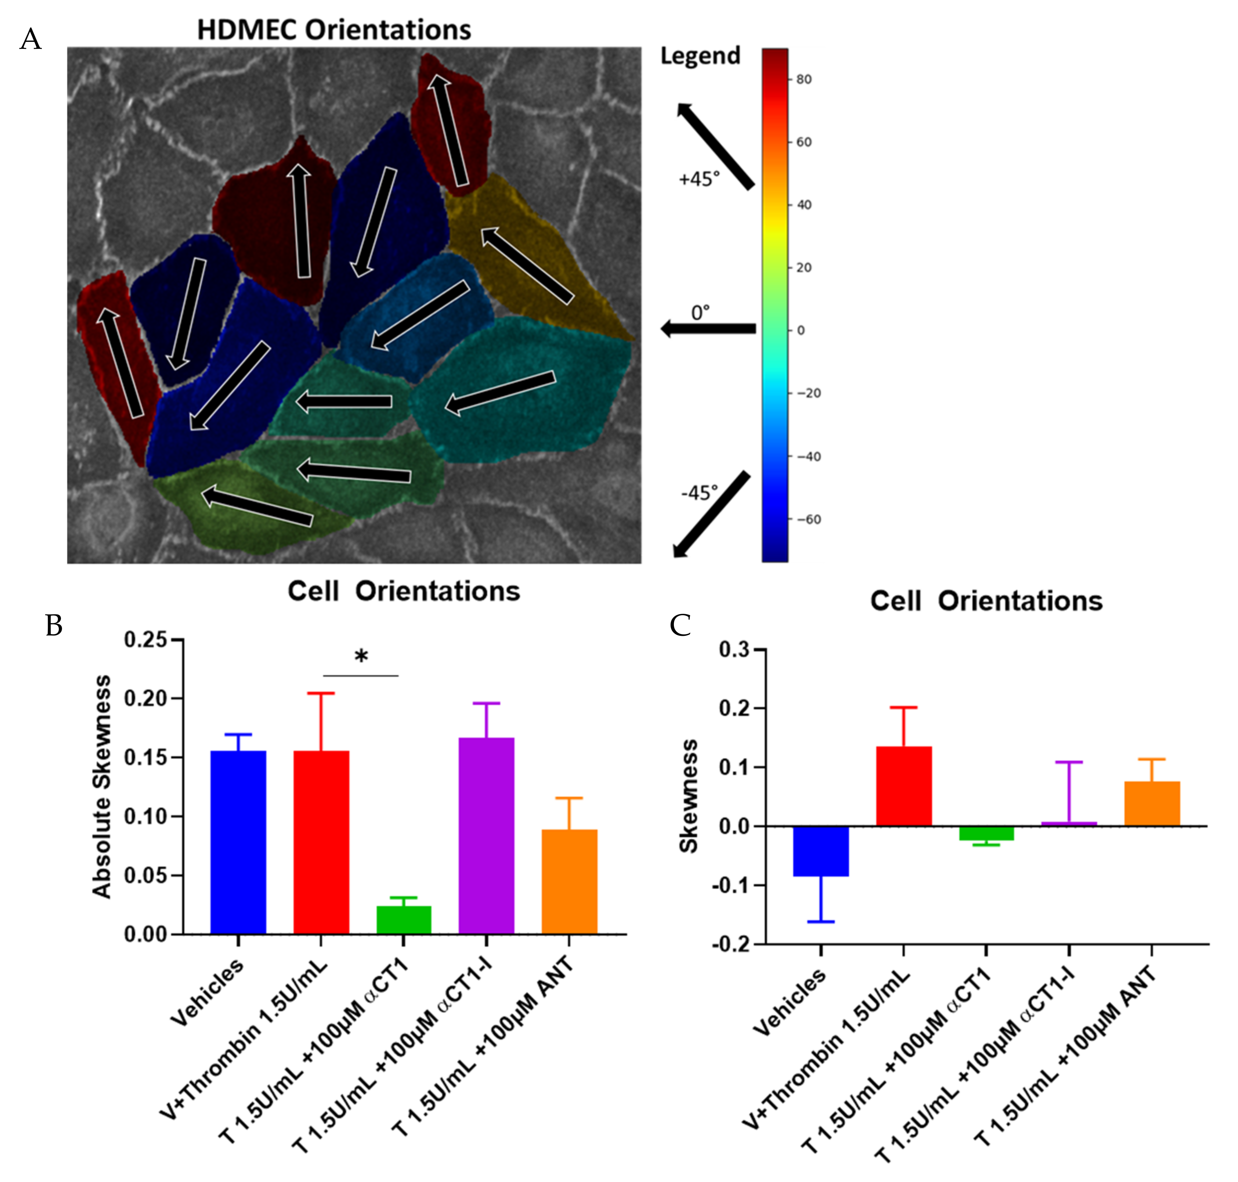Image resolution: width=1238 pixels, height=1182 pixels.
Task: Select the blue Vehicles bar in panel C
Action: pos(820,851)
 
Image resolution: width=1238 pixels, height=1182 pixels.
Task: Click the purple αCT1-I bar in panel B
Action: pos(486,835)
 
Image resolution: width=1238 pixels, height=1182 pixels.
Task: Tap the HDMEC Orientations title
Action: pos(334,30)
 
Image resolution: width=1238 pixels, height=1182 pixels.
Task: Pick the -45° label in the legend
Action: pos(699,492)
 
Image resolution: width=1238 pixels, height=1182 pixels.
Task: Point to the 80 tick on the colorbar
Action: pos(803,79)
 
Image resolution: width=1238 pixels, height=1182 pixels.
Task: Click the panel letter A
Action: pos(30,40)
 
